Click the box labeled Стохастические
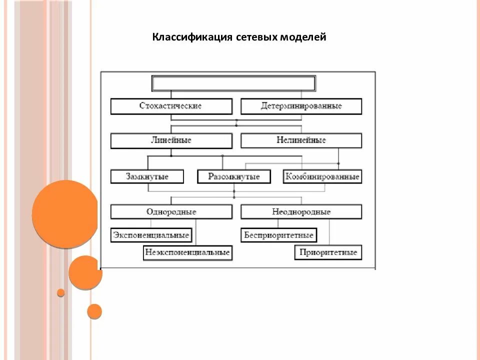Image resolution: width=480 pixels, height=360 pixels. (171, 106)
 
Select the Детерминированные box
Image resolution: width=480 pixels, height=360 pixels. (301, 106)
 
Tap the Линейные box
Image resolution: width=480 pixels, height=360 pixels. (171, 140)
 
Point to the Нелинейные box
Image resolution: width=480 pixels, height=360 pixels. (301, 140)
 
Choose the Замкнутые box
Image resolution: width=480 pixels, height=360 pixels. (147, 176)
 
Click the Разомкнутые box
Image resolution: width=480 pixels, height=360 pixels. (233, 176)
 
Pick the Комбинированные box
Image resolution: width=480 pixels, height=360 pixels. (322, 176)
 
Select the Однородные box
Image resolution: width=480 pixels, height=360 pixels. (171, 211)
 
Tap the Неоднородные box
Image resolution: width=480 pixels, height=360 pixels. (301, 211)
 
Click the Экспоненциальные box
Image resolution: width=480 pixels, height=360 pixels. (151, 235)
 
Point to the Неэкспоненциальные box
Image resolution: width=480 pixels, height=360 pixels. (187, 252)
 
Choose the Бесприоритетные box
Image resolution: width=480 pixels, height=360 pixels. (278, 235)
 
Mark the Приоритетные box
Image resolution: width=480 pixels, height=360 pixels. (328, 252)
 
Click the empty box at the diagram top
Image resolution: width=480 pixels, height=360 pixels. (233, 83)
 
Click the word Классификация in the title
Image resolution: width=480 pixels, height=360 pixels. (191, 37)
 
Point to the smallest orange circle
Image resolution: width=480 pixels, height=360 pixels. (61, 292)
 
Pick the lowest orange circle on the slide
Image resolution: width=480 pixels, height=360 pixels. (94, 311)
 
